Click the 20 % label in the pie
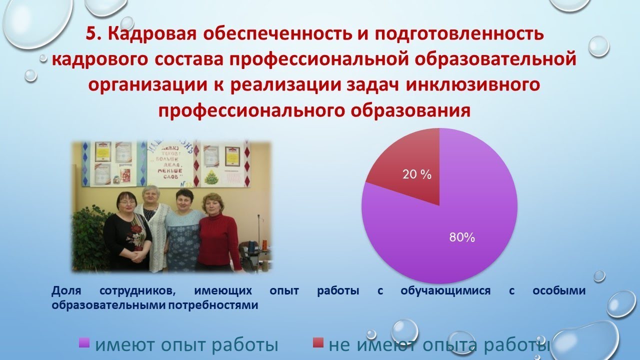coord(417,175)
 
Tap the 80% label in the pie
coord(461,238)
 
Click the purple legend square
coord(84,342)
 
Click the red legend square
coord(317,342)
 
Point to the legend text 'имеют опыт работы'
coord(186,345)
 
